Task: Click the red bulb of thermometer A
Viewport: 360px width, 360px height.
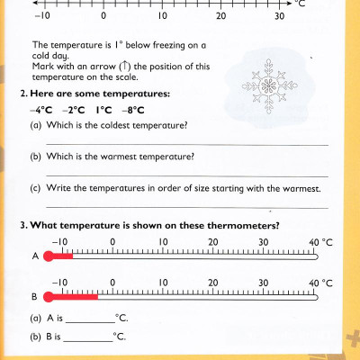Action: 49,256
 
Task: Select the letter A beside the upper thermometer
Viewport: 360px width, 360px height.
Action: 35,256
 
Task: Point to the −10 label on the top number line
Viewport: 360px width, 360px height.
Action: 41,17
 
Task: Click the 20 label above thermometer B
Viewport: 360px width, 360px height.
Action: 212,282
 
